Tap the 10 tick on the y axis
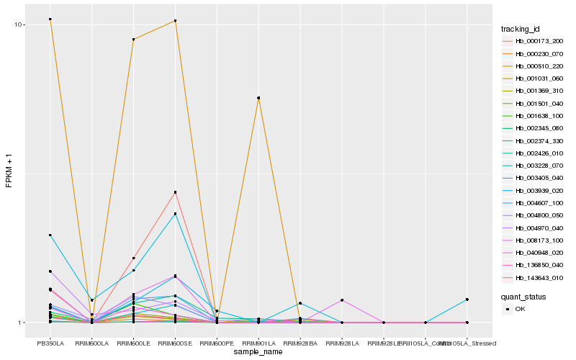coord(21,24)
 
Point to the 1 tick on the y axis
coord(23,323)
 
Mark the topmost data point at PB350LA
coord(50,19)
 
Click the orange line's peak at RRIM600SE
coord(176,21)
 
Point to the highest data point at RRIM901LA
coord(258,98)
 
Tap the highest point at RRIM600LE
coord(134,40)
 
